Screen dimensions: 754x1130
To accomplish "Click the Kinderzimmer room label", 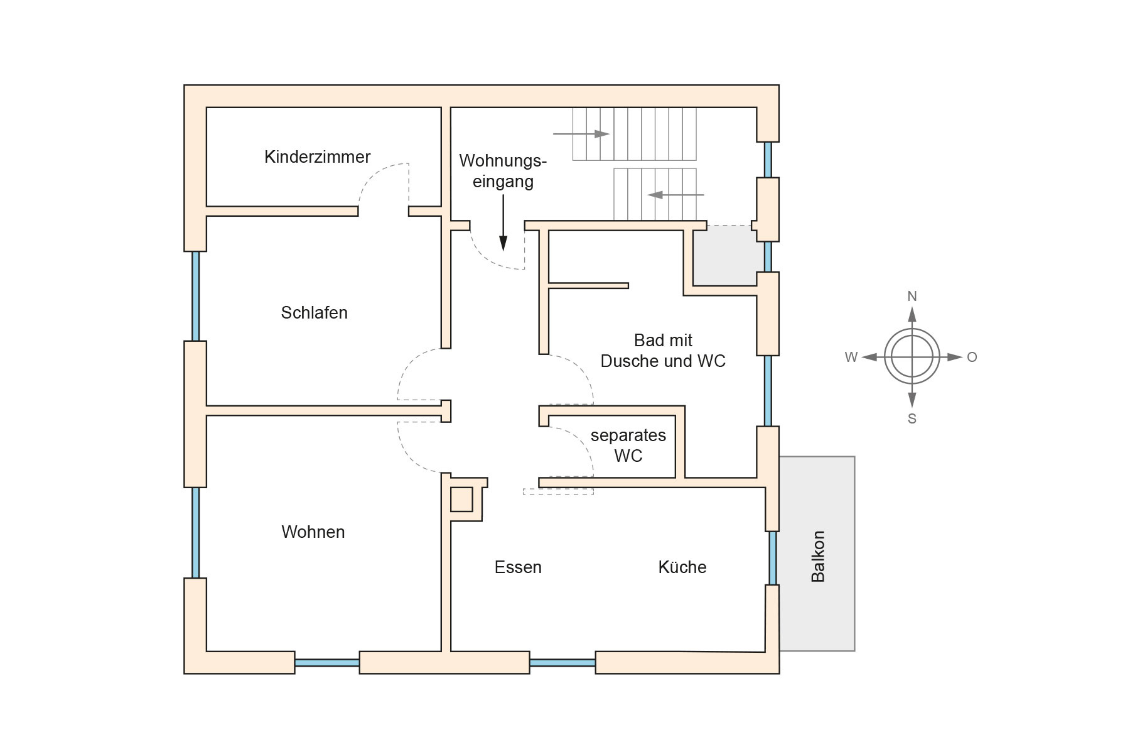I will pyautogui.click(x=317, y=157).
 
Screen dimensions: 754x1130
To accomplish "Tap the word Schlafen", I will pyautogui.click(x=314, y=313).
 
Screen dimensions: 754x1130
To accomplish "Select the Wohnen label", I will pyautogui.click(x=313, y=532).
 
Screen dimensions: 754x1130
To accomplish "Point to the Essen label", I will pyautogui.click(x=518, y=567).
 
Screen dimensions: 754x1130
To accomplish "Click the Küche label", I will pyautogui.click(x=682, y=567).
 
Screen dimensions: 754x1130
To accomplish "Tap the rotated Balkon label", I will pyautogui.click(x=818, y=557).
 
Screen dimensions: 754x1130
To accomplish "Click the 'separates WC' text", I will pyautogui.click(x=628, y=445).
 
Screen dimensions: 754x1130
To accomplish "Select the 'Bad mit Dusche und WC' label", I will pyautogui.click(x=663, y=351).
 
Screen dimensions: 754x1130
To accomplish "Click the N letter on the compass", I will pyautogui.click(x=912, y=296).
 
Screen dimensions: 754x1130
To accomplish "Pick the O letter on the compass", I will pyautogui.click(x=972, y=358).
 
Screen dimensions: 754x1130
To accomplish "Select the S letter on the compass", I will pyautogui.click(x=912, y=418).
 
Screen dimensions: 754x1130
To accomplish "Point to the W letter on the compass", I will pyautogui.click(x=851, y=358).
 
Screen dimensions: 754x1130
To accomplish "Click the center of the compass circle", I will pyautogui.click(x=912, y=357).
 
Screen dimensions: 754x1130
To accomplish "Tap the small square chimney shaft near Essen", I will pyautogui.click(x=461, y=500).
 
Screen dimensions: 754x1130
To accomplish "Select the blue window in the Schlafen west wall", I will pyautogui.click(x=195, y=296).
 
